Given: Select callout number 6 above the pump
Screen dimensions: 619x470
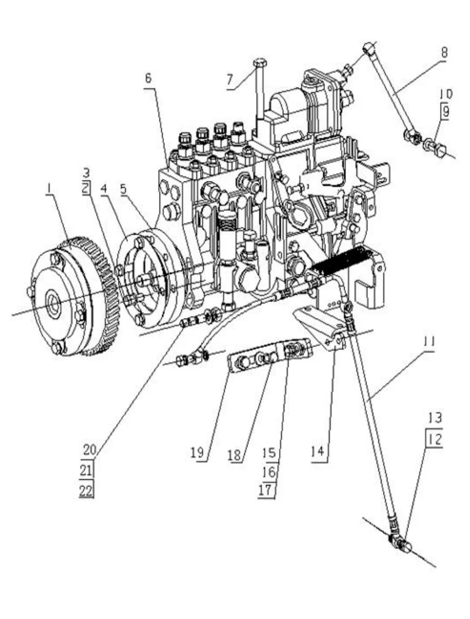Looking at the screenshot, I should (x=147, y=78).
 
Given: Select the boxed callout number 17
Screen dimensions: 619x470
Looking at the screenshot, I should (x=268, y=490).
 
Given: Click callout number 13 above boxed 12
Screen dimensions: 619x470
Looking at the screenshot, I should (x=435, y=417).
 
